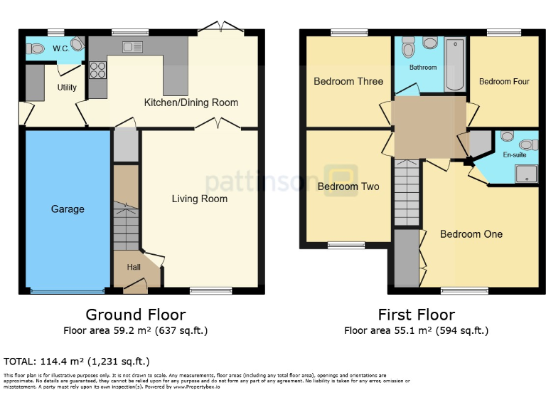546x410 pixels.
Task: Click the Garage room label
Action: [68, 209]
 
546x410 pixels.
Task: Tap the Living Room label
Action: [200, 199]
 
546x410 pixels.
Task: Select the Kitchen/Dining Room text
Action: [191, 102]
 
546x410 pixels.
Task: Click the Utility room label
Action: [67, 88]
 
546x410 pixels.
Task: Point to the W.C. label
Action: [61, 49]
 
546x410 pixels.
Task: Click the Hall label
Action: [134, 267]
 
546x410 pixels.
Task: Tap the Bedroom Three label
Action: [348, 81]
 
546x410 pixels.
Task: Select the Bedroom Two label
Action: [348, 186]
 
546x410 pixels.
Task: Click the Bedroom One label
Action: [471, 234]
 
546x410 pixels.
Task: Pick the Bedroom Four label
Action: [504, 82]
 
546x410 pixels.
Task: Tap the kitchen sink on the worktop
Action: [132, 48]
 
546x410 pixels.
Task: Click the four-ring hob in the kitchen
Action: [97, 70]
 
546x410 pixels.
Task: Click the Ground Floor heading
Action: [136, 315]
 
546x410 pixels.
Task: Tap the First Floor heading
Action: [416, 315]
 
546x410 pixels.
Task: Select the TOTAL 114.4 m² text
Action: [77, 362]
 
